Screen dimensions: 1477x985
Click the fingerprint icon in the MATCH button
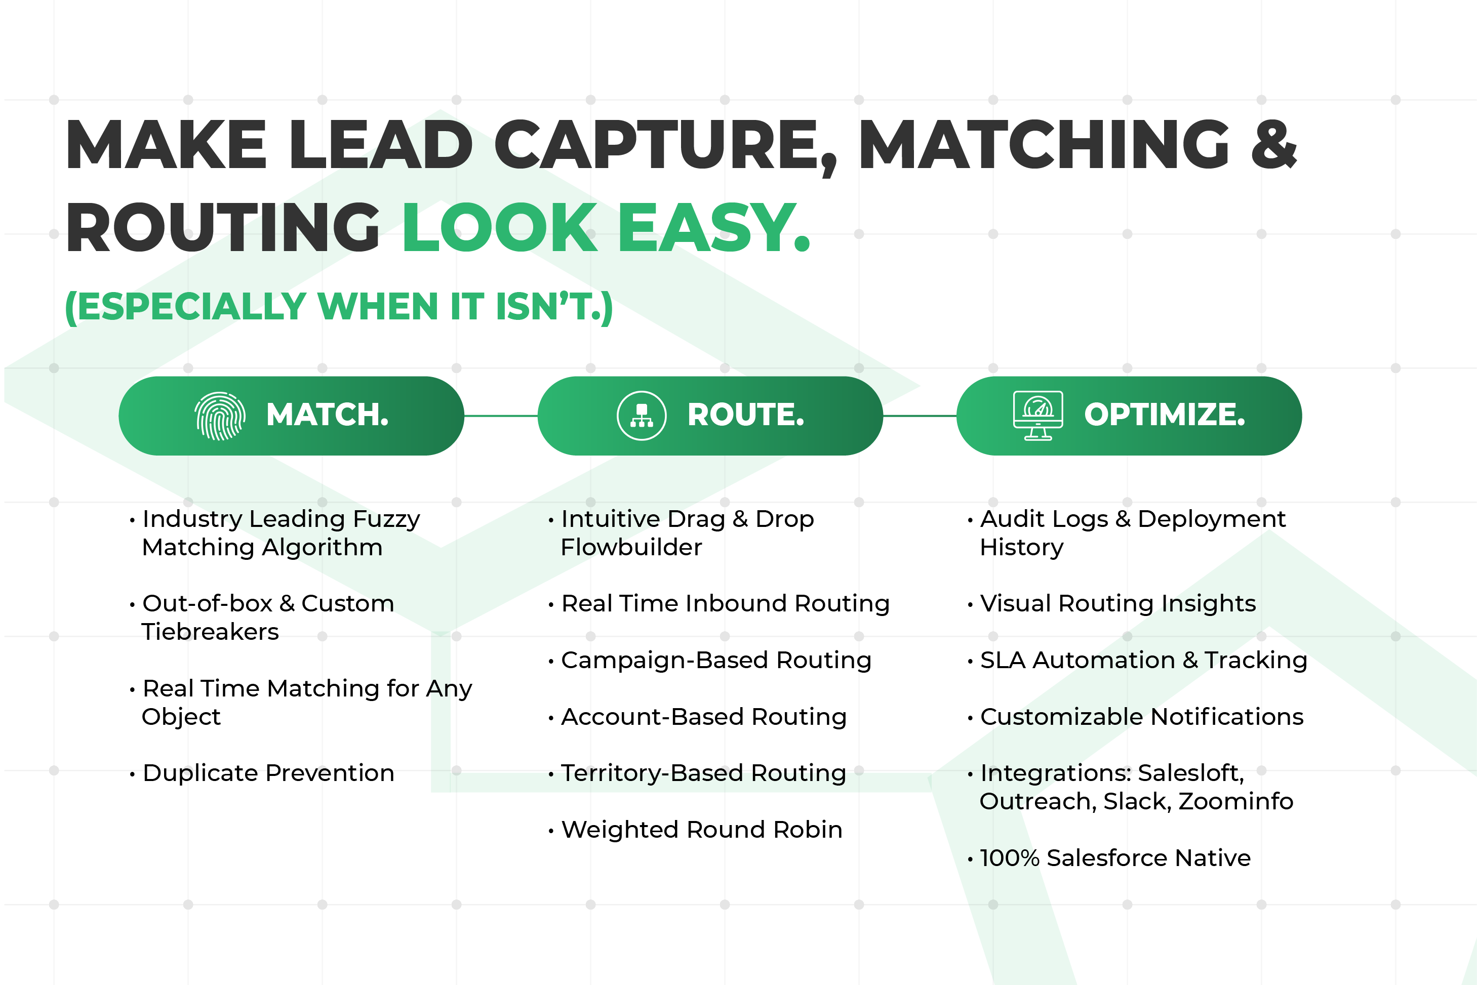click(219, 416)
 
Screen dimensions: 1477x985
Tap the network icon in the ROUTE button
click(642, 416)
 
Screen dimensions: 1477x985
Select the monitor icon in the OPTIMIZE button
click(1038, 416)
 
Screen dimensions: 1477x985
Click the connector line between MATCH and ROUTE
click(501, 416)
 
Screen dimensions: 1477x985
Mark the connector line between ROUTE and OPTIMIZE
click(920, 416)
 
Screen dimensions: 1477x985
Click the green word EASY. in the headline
click(714, 228)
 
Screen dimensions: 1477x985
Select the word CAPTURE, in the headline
click(666, 146)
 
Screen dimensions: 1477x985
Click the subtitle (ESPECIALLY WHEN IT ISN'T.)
click(339, 307)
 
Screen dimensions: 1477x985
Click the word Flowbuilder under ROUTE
click(631, 548)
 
